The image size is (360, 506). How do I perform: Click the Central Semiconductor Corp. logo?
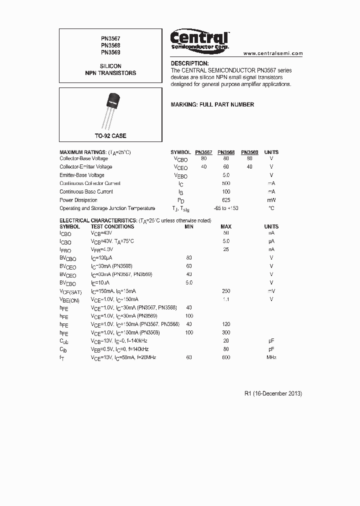click(x=199, y=39)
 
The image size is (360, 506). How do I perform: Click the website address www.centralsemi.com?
click(x=273, y=53)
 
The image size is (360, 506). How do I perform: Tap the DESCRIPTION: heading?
click(x=189, y=63)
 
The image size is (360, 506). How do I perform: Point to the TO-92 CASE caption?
click(x=110, y=136)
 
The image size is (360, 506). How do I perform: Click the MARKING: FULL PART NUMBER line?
click(x=212, y=104)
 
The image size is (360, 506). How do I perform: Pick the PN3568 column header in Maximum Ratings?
click(x=226, y=152)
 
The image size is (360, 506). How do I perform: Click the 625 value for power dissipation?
click(x=226, y=200)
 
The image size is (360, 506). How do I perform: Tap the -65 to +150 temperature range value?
click(x=226, y=208)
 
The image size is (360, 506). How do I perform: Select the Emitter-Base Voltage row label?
click(x=82, y=175)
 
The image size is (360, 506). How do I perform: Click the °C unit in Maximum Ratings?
click(x=271, y=208)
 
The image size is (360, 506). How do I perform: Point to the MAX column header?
click(x=226, y=226)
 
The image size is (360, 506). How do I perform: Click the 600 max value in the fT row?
click(x=226, y=357)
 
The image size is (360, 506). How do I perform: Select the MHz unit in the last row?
click(x=271, y=357)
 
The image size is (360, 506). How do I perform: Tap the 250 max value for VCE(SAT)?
click(x=226, y=291)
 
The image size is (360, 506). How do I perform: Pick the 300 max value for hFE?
click(x=226, y=332)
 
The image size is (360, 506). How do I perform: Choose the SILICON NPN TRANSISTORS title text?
click(x=110, y=69)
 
